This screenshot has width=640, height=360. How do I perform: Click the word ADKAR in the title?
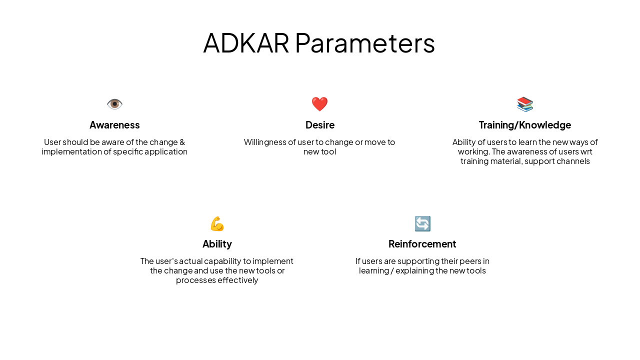[x=246, y=43]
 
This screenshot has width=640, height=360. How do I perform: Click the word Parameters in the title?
[x=364, y=43]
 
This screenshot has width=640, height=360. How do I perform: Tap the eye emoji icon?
[x=114, y=104]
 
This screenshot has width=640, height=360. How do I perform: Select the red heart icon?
[x=319, y=104]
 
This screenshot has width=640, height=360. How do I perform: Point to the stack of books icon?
[x=525, y=104]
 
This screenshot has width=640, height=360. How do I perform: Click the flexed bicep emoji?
[x=217, y=223]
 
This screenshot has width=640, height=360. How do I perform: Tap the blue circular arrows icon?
[x=422, y=223]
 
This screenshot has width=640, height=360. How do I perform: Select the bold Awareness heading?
[x=114, y=125]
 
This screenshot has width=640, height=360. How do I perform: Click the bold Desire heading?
[x=319, y=125]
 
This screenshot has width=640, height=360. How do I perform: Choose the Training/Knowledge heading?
[x=525, y=125]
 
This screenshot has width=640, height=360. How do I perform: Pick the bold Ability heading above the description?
[x=217, y=244]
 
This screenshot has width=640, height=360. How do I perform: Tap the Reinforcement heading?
[x=422, y=244]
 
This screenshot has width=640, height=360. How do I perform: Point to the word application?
[x=167, y=151]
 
